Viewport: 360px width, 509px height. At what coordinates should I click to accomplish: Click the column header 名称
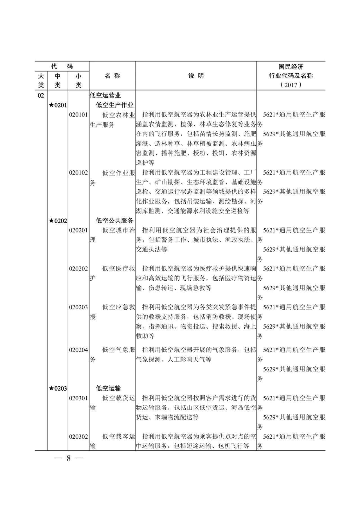(112, 76)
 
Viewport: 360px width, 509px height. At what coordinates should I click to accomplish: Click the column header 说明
(196, 76)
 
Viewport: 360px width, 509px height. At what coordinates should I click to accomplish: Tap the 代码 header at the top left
(62, 66)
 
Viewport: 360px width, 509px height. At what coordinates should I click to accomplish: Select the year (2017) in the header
(291, 85)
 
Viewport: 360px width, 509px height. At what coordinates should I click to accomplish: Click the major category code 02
(41, 95)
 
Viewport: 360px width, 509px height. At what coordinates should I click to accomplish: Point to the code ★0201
(58, 105)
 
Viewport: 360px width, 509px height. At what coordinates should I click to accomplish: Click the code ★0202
(58, 221)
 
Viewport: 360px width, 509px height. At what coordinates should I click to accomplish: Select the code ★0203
(58, 388)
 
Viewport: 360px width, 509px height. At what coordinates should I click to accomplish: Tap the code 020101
(78, 115)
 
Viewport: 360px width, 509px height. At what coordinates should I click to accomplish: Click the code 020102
(78, 173)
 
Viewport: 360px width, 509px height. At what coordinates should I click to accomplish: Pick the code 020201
(78, 230)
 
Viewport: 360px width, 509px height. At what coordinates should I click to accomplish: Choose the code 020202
(78, 269)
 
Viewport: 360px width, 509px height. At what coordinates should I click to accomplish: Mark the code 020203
(78, 307)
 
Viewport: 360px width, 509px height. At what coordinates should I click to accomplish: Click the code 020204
(78, 350)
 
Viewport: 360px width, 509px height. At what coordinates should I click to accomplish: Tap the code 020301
(78, 398)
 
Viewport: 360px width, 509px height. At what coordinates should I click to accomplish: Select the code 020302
(78, 437)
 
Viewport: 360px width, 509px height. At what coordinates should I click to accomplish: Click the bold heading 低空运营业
(105, 95)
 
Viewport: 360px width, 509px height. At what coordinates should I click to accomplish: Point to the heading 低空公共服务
(114, 221)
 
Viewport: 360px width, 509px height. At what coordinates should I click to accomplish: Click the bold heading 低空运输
(108, 388)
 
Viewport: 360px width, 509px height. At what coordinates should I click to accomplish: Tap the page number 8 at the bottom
(69, 458)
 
